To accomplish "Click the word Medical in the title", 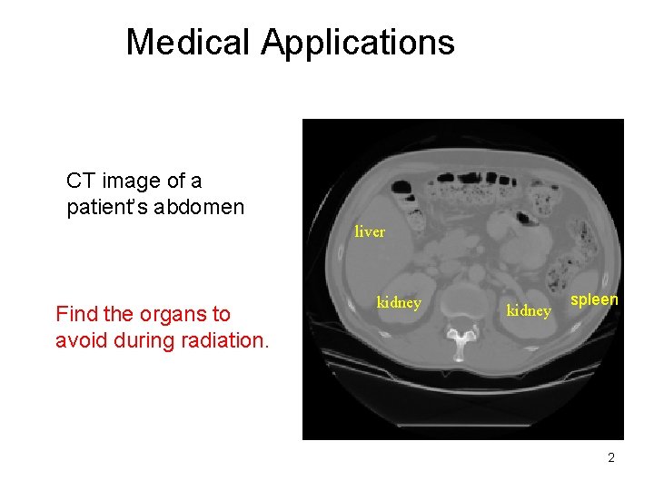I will click(189, 42).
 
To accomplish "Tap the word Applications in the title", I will click(358, 42).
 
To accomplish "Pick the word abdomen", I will click(200, 207).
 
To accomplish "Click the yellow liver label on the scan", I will click(370, 231).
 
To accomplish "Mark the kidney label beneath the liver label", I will click(399, 303).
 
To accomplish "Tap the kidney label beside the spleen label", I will click(529, 311).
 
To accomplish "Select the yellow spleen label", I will click(594, 299).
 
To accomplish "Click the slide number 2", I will click(611, 457).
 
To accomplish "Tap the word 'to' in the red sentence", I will click(221, 314).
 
